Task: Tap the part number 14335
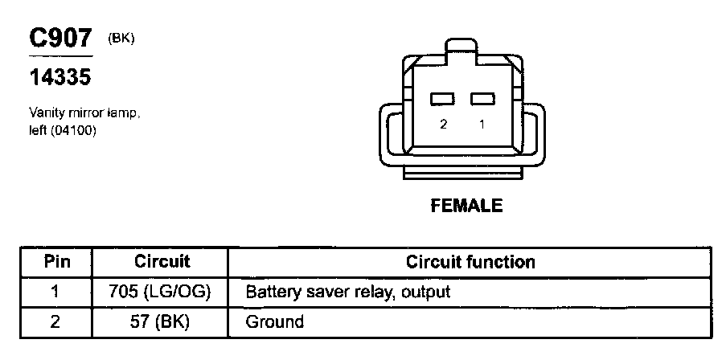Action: pyautogui.click(x=59, y=78)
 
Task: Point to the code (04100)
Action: pyautogui.click(x=72, y=130)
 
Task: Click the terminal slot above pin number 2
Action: pyautogui.click(x=442, y=99)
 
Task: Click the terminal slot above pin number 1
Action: pyautogui.click(x=481, y=99)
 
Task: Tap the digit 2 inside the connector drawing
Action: pyautogui.click(x=442, y=125)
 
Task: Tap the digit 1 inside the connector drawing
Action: pyautogui.click(x=481, y=125)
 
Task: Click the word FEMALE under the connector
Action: pyautogui.click(x=466, y=206)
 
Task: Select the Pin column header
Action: pyautogui.click(x=56, y=261)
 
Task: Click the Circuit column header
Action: pyautogui.click(x=162, y=261)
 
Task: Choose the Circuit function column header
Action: pyautogui.click(x=470, y=261)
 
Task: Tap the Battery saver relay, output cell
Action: pyautogui.click(x=347, y=292)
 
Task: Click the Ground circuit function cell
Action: pyautogui.click(x=274, y=322)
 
